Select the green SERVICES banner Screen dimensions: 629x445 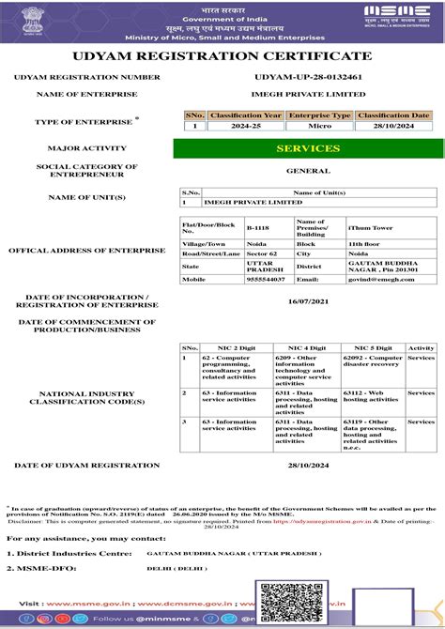point(308,148)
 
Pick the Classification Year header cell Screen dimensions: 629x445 point(245,115)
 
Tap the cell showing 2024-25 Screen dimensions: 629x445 point(245,125)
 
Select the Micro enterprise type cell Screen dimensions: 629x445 point(319,125)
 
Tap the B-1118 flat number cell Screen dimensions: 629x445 point(258,227)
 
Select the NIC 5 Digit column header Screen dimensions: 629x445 point(373,347)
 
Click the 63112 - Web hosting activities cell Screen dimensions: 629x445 point(371,395)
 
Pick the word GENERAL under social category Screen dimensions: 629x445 point(308,171)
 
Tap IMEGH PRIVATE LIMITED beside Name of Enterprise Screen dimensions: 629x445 point(308,95)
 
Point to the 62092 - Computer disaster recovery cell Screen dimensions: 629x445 point(371,361)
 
